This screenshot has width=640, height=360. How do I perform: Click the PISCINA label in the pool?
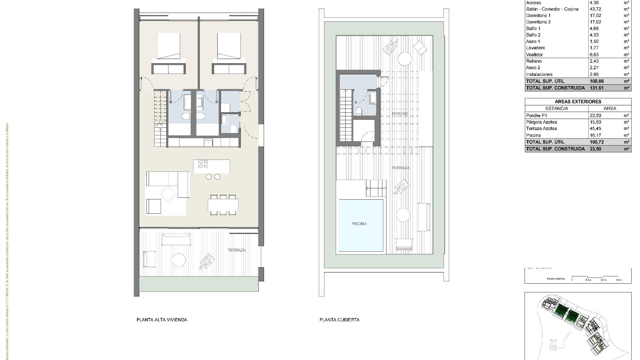359,224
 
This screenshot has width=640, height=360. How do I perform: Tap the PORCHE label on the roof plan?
400,114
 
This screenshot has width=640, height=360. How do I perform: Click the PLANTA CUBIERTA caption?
339,320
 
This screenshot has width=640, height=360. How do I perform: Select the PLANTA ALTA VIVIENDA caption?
162,320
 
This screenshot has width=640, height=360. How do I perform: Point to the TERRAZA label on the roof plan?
401,168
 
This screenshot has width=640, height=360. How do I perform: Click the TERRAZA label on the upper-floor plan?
237,250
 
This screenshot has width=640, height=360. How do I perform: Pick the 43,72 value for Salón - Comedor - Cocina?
596,9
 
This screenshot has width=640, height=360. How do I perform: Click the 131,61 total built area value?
596,88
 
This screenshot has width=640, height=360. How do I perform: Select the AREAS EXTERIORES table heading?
578,102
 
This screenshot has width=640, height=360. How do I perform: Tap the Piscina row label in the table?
533,135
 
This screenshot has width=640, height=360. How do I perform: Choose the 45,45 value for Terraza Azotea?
595,128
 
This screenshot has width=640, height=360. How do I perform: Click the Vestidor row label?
534,54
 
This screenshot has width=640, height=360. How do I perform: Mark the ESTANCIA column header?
556,108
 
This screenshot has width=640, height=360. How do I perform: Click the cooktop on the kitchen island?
203,164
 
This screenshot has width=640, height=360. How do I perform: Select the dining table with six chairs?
223,205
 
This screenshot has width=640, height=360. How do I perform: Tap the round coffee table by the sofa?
168,194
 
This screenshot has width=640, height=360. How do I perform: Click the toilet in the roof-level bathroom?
359,111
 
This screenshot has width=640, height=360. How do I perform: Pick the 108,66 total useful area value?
596,81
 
